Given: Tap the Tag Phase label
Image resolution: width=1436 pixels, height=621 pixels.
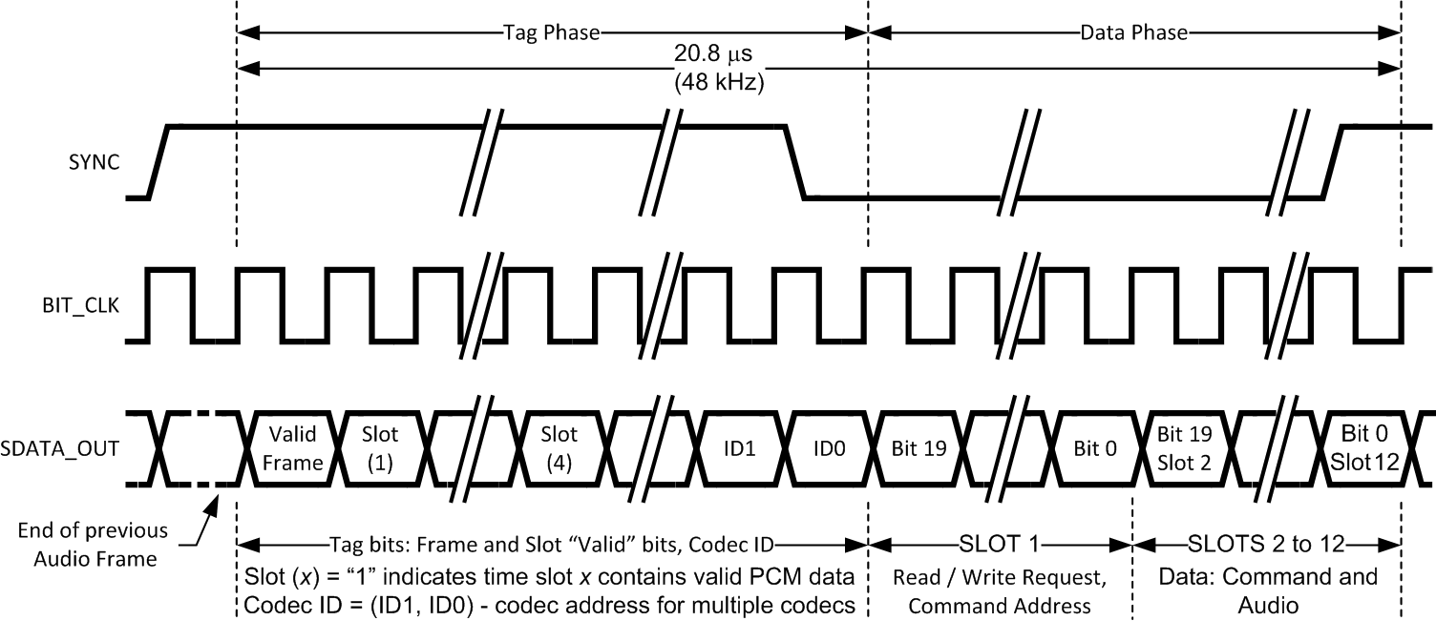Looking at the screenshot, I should (551, 32).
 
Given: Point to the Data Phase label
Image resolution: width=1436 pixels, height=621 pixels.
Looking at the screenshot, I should (1133, 32).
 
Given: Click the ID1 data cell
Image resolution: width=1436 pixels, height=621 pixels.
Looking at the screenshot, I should (740, 447).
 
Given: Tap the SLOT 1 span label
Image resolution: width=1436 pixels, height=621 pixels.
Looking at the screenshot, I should (1000, 545).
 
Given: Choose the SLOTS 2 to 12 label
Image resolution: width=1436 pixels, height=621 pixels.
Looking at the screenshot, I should (1266, 545).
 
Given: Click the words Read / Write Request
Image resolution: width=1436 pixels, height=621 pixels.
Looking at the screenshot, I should (1000, 577).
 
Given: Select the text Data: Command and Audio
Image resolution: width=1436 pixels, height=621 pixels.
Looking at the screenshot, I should (1268, 590).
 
